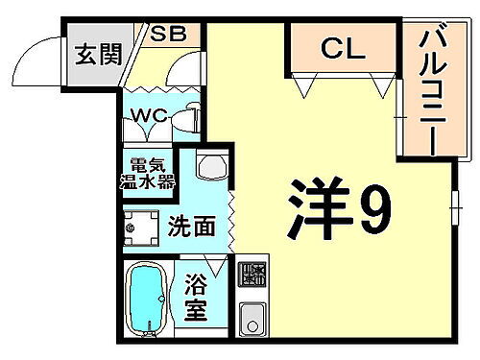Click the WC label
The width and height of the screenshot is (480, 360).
click(x=151, y=117)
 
